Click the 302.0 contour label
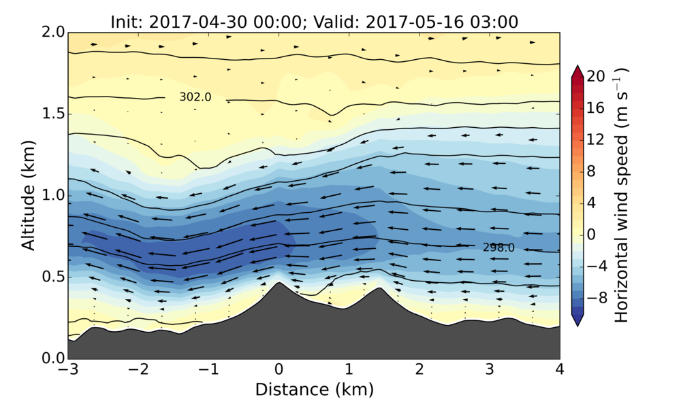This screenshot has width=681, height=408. (x=195, y=97)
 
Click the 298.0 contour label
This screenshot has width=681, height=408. (x=498, y=248)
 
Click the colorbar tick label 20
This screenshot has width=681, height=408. (x=597, y=77)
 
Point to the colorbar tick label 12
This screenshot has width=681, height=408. (x=597, y=140)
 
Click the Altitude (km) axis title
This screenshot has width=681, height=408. (x=28, y=195)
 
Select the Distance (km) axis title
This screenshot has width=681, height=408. (x=314, y=390)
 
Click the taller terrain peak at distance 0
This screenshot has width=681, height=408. (x=279, y=284)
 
